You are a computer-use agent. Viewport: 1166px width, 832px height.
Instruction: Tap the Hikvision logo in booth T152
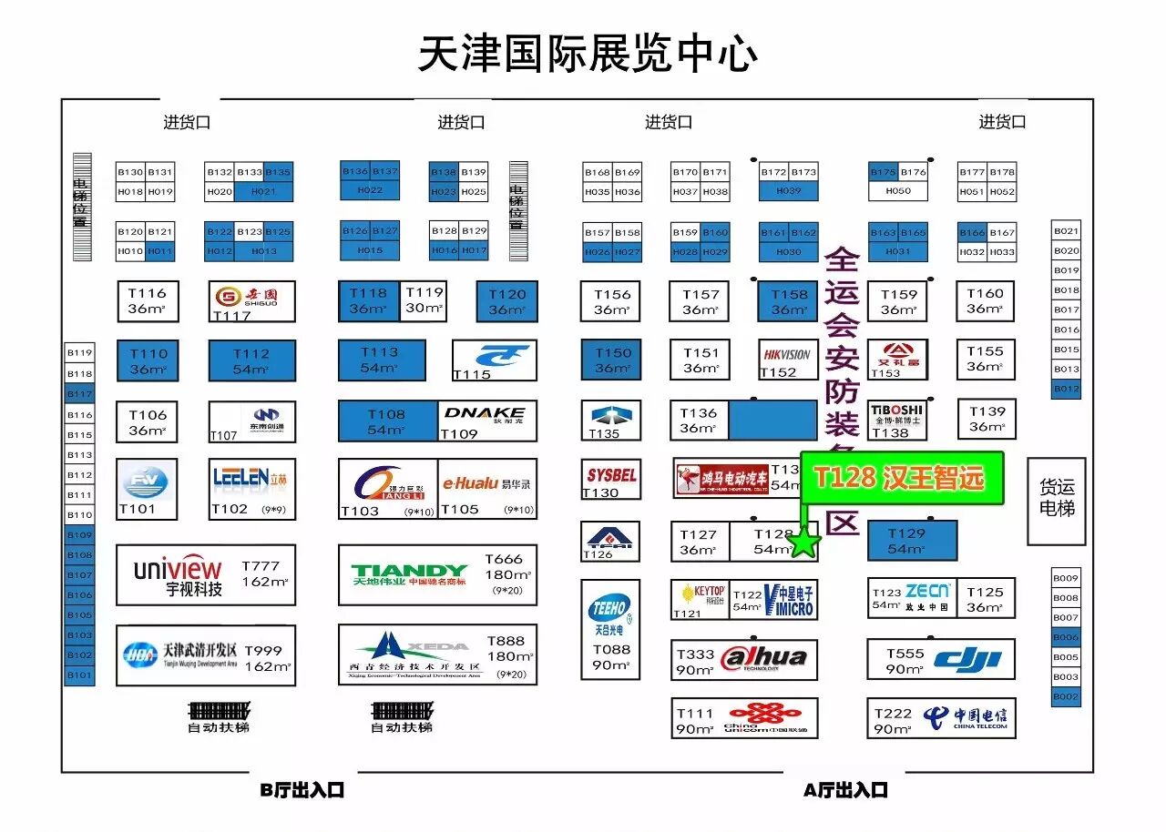point(787,354)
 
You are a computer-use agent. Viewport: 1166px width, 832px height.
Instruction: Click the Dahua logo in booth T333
point(763,658)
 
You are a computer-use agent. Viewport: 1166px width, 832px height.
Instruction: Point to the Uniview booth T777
point(206,574)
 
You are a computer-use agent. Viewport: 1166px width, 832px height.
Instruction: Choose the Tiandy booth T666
point(437,574)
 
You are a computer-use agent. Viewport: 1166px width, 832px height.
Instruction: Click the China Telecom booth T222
point(941,717)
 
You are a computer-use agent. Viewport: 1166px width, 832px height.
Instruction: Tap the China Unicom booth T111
point(744,718)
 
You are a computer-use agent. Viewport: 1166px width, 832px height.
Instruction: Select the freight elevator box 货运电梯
point(1056,501)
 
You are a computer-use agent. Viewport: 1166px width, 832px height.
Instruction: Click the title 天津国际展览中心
point(588,54)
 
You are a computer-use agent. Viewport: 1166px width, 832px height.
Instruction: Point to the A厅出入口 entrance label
point(845,790)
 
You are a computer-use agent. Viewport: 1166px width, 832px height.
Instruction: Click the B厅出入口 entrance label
point(302,790)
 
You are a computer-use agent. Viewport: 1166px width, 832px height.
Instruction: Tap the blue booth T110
point(148,360)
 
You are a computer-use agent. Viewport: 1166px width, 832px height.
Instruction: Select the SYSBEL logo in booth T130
point(611,475)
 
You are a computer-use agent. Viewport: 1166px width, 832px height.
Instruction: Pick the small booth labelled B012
point(1066,389)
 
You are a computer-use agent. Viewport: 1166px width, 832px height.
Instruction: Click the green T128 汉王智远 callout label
point(901,478)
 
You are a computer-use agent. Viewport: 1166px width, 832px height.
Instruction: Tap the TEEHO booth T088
point(610,629)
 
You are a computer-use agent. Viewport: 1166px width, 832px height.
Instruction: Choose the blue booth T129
point(911,541)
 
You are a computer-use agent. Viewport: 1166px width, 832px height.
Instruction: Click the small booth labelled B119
point(80,353)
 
